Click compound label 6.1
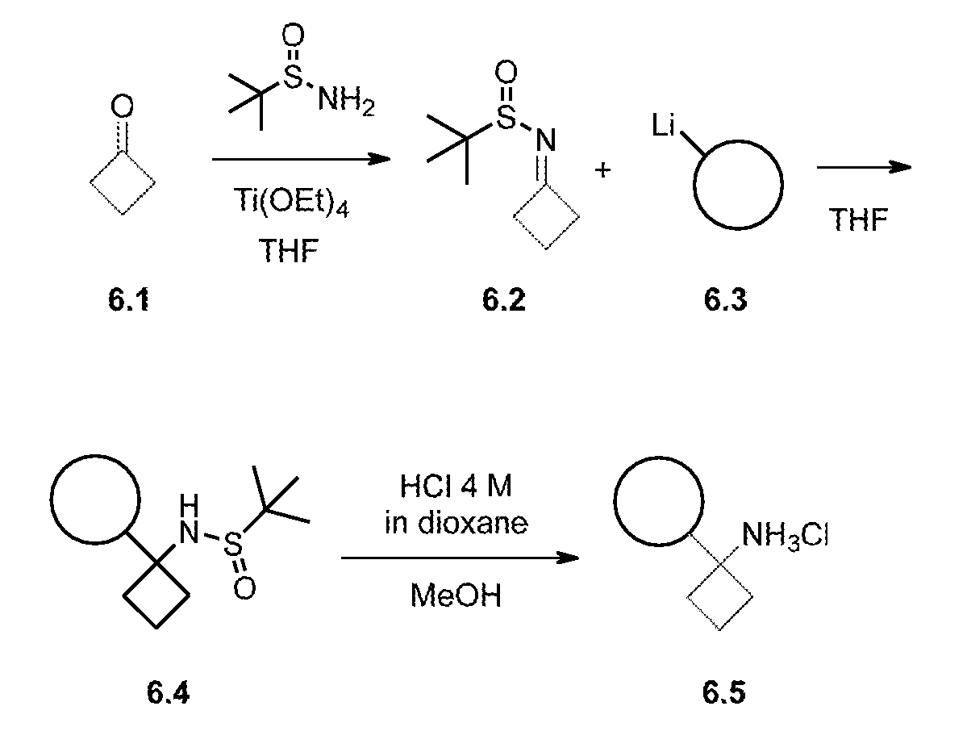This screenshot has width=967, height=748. pos(128,300)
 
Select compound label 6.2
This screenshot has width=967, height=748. pos(504,300)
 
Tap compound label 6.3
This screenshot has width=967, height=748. pos(726,300)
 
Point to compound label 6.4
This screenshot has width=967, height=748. pos(169,692)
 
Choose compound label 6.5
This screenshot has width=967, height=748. pos(724,692)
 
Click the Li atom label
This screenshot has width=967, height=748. pos(665,126)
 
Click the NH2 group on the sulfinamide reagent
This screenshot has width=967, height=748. pos(346,101)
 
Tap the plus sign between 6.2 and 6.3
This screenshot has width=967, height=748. pos(602,169)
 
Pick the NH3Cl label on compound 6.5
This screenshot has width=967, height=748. pos(784,535)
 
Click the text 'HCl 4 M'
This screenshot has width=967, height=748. pos(456,487)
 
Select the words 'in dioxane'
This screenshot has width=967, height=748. pos(456,524)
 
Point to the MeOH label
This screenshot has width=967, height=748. pos(456,595)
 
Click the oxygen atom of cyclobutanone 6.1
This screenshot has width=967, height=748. pos(122,106)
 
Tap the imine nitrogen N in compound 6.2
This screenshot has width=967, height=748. pos(545,140)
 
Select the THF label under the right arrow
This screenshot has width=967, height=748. pos(858,219)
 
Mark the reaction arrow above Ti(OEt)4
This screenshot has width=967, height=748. pos(301,160)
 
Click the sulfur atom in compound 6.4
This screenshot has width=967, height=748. pos(231,545)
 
